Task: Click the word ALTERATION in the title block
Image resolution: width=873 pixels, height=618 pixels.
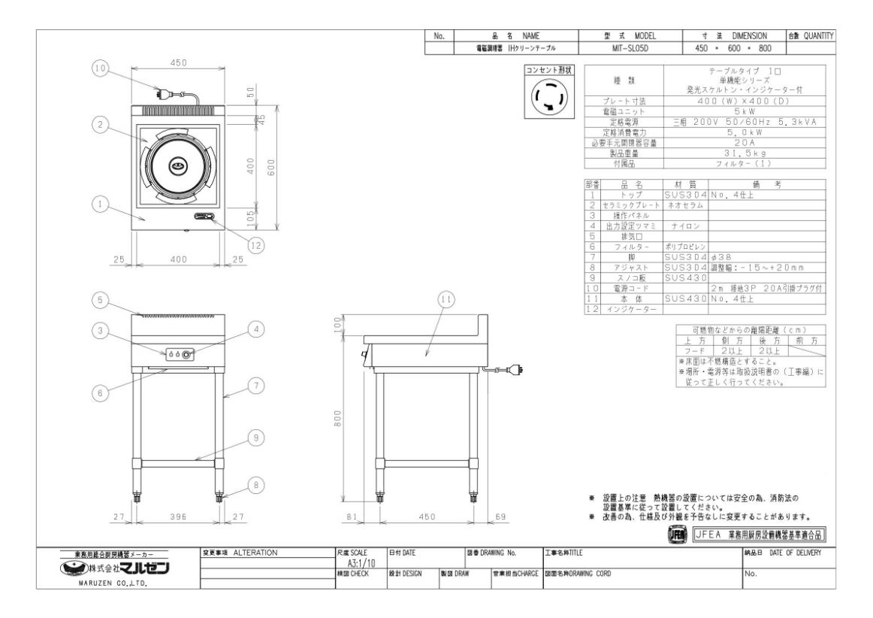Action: coord(255,553)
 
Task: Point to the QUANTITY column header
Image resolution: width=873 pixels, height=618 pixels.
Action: coord(811,35)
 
